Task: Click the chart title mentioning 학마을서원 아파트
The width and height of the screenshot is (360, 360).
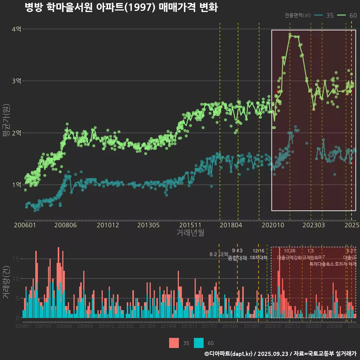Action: coord(121,7)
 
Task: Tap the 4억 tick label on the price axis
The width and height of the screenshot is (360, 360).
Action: coord(16,29)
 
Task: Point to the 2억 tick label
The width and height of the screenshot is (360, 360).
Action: coord(16,133)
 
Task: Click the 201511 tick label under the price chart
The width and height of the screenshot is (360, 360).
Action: coord(188,225)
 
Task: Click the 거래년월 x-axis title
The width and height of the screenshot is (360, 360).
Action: coord(190,233)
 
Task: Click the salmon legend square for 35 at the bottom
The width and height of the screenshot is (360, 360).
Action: coord(174,343)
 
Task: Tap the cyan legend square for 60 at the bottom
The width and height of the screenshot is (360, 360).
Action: coord(199,343)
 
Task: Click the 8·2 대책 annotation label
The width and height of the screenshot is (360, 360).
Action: coord(219,254)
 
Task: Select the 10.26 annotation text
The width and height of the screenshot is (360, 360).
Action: coord(289,250)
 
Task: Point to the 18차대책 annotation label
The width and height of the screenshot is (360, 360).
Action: coord(258,258)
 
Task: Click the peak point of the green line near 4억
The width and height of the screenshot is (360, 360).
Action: coord(290,34)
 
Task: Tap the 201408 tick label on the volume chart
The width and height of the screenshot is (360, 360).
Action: coord(168,326)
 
